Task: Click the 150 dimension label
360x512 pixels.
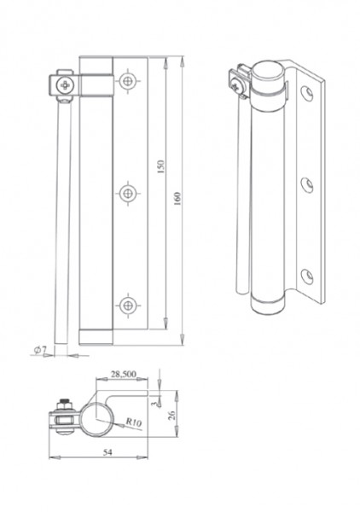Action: click(161, 166)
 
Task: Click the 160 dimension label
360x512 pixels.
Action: click(177, 199)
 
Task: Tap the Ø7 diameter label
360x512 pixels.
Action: click(40, 351)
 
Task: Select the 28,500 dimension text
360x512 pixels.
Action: click(124, 374)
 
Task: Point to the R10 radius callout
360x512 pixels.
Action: click(134, 422)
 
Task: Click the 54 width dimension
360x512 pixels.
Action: click(107, 452)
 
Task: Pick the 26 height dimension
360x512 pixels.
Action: click(171, 415)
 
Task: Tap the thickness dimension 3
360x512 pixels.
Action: click(154, 404)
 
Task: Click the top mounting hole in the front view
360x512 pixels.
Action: click(128, 80)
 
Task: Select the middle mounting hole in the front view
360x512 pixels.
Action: click(128, 194)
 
